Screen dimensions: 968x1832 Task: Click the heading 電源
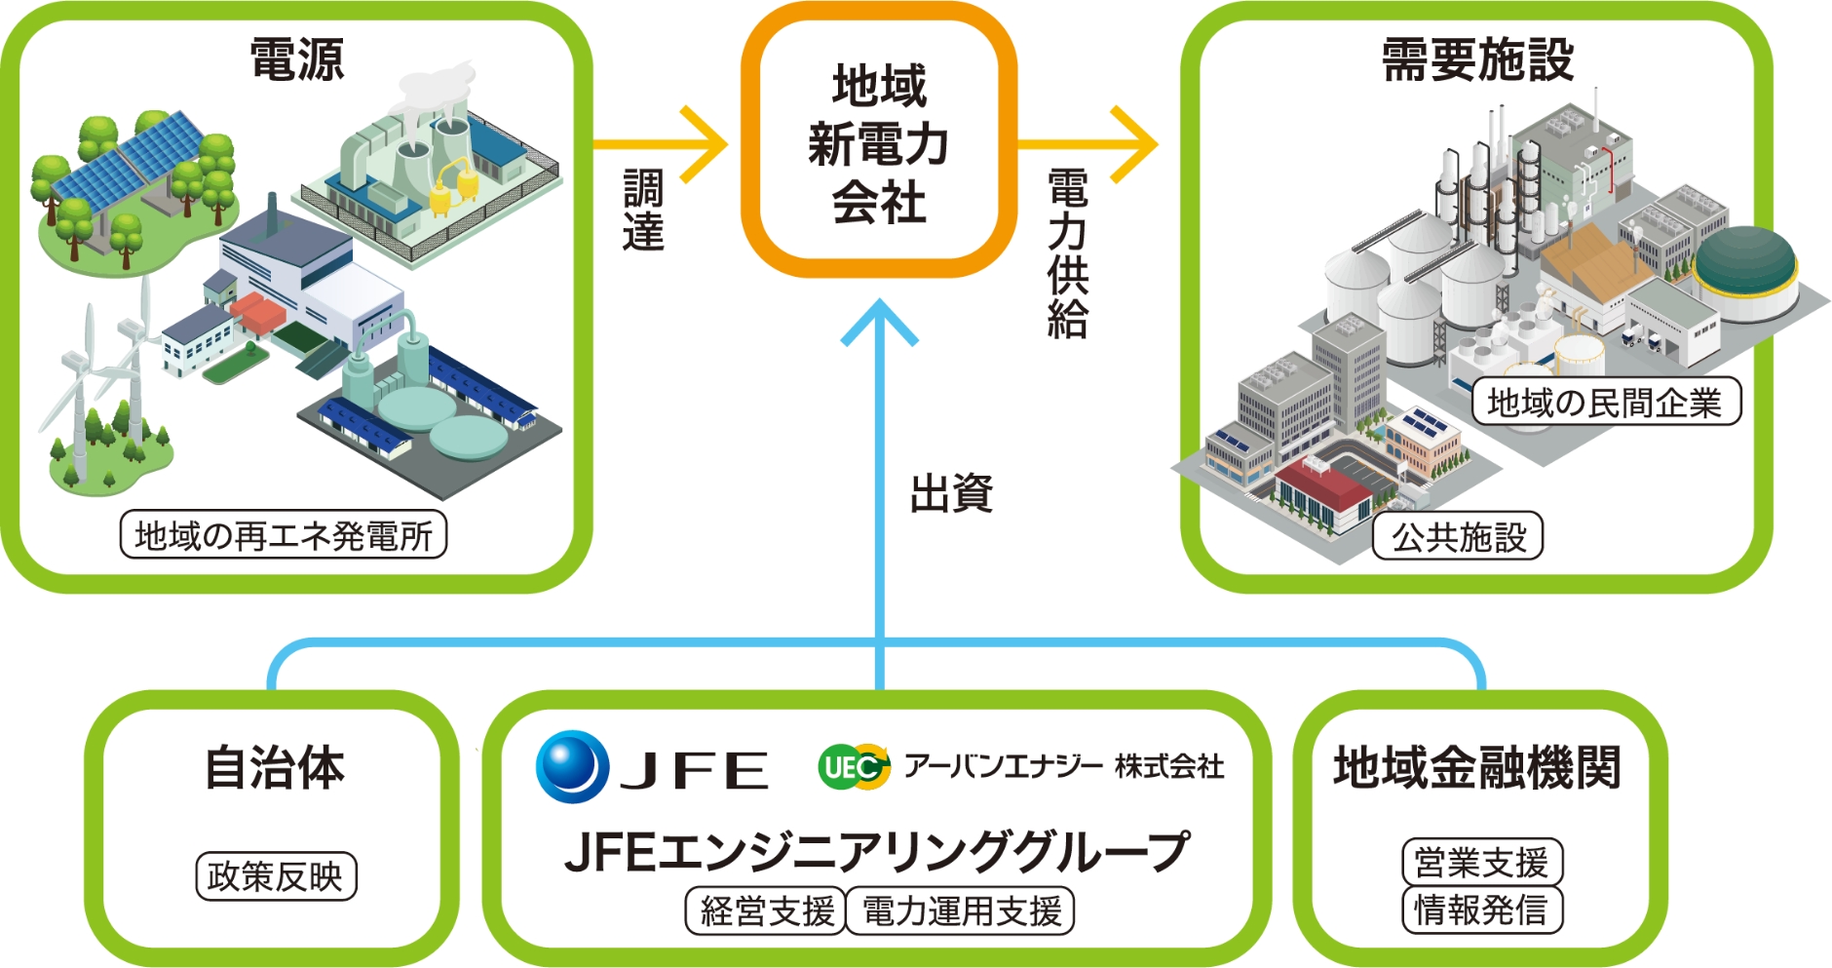pos(297,59)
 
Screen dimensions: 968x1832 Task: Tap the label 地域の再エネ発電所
pos(283,535)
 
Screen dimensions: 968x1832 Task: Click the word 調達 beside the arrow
pos(643,211)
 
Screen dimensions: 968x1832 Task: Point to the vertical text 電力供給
pos(1068,253)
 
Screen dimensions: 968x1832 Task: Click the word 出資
pos(951,494)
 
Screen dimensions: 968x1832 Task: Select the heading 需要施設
pos(1477,59)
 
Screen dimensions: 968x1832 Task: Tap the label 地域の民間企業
pos(1605,402)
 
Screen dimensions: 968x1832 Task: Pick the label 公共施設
pos(1458,536)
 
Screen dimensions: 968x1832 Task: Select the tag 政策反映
pos(276,876)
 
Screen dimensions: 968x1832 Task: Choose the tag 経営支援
pos(766,911)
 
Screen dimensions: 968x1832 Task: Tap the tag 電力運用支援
pos(961,911)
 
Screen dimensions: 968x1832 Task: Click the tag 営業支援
pos(1481,863)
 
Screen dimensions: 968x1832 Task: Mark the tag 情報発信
pos(1481,910)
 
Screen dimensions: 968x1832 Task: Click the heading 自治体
pos(274,768)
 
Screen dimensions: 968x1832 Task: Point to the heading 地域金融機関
pos(1477,768)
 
